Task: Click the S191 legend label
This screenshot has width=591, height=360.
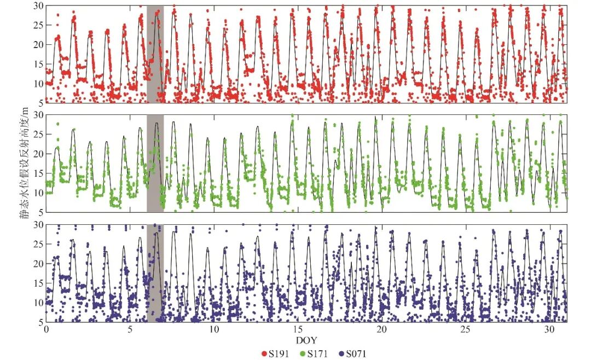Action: [x=279, y=353]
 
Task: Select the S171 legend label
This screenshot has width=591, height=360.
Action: [x=317, y=353]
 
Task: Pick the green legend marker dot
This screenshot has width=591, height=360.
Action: [x=303, y=354]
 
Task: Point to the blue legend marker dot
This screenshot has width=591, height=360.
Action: [x=341, y=354]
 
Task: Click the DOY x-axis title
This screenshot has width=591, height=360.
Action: [x=306, y=340]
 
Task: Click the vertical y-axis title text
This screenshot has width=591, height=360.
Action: [x=25, y=164]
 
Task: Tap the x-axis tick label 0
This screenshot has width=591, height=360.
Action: [x=46, y=329]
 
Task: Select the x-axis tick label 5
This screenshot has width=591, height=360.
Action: [x=130, y=329]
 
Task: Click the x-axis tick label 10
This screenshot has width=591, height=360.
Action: [x=214, y=329]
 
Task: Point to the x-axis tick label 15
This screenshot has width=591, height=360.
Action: [x=298, y=329]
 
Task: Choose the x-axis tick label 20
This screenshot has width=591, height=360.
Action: [x=382, y=329]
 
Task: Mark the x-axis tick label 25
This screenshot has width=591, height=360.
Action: [x=466, y=329]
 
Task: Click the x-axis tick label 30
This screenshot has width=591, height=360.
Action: [x=549, y=329]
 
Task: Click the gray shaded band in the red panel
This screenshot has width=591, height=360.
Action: [x=155, y=54]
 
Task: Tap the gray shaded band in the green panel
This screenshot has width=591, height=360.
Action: [x=155, y=163]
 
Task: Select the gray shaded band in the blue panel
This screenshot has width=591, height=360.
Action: [x=155, y=274]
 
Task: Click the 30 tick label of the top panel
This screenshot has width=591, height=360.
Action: [x=38, y=6]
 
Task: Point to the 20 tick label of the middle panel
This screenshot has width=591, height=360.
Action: [x=38, y=154]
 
